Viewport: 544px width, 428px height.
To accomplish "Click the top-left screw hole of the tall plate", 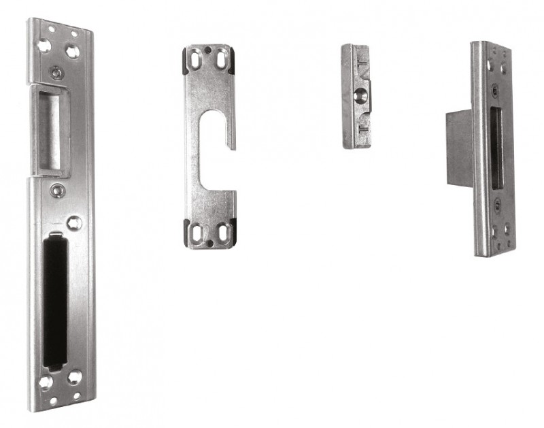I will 44,46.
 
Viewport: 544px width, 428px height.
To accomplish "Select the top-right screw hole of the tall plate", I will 71,50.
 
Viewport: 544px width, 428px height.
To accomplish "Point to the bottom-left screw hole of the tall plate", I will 46,381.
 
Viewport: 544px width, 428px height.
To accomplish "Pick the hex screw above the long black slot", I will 75,222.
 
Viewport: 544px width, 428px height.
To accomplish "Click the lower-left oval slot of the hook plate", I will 198,233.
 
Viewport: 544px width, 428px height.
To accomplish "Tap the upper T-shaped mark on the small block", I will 361,70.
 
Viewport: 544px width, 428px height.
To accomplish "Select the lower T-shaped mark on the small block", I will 361,123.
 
